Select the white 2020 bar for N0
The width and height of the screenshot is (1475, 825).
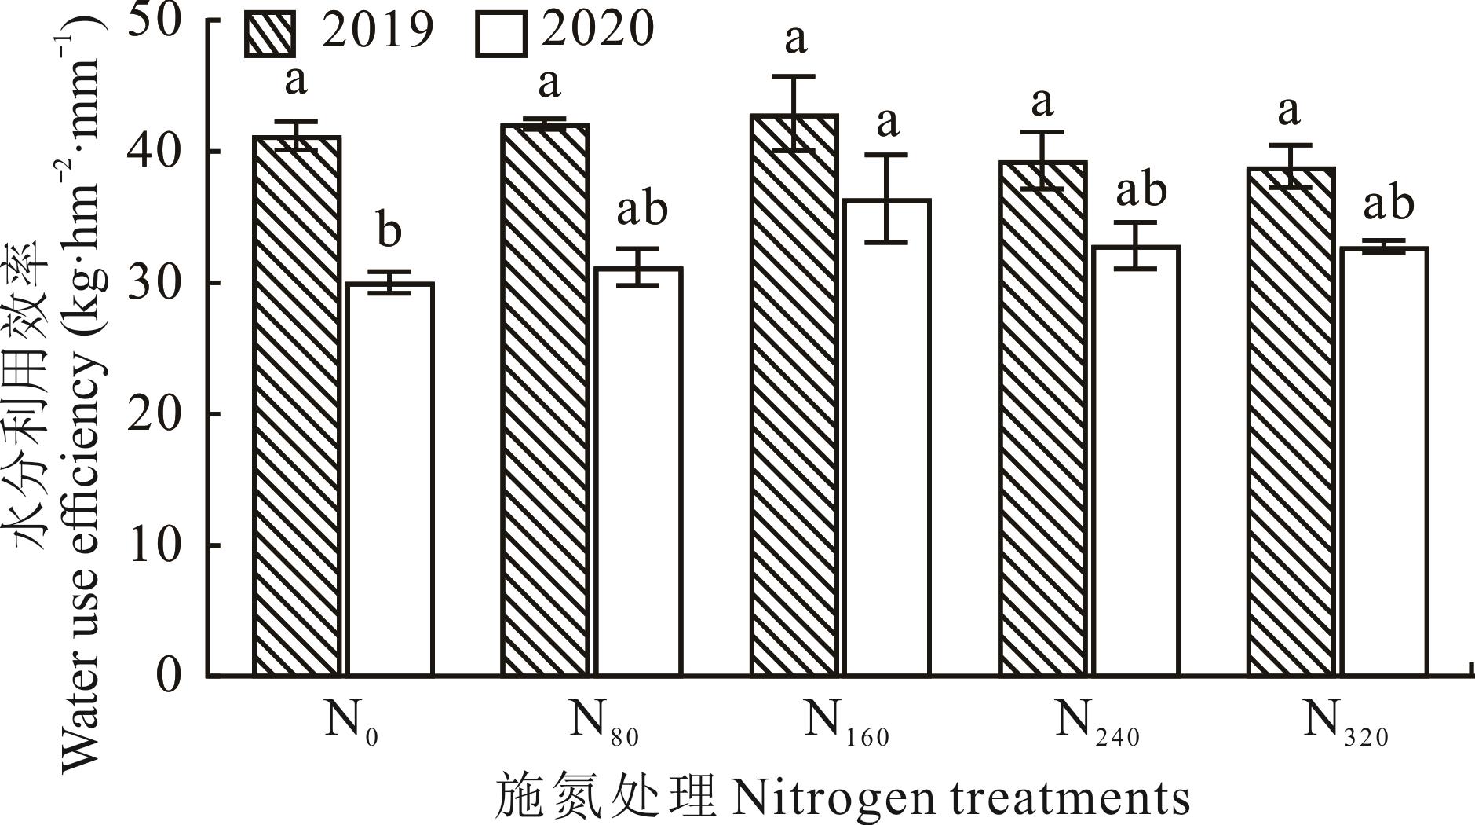(389, 478)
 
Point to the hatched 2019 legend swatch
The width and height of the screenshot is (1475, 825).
(270, 32)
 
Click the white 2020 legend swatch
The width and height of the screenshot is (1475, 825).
(500, 32)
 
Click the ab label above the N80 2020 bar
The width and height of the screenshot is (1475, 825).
(642, 208)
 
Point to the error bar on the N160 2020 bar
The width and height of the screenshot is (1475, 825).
(886, 199)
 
